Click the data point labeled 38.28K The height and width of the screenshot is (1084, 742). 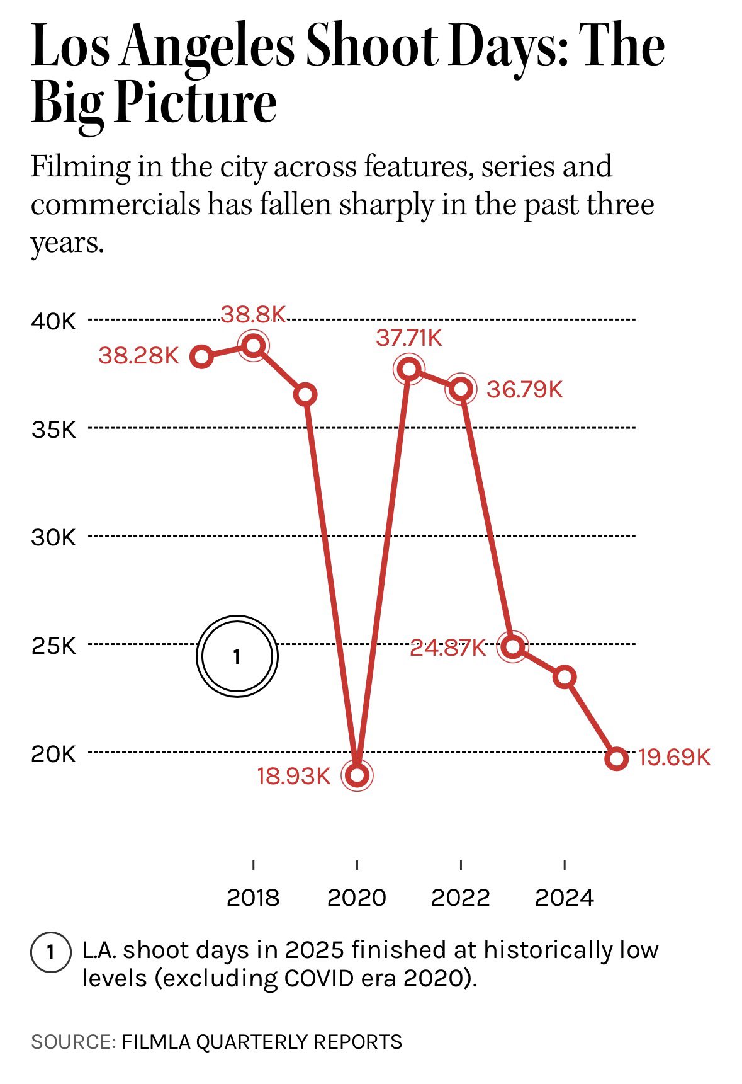pyautogui.click(x=201, y=357)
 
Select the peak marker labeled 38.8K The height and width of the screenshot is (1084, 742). pyautogui.click(x=254, y=345)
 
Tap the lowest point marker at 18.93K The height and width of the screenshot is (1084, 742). pyautogui.click(x=357, y=775)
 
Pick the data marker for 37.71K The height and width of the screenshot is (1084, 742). pyautogui.click(x=409, y=368)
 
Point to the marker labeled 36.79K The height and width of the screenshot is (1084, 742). pyautogui.click(x=461, y=389)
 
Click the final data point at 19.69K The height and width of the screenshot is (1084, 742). pyautogui.click(x=617, y=758)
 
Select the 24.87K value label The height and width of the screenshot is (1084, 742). pyautogui.click(x=447, y=648)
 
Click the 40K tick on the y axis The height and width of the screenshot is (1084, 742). pyautogui.click(x=53, y=321)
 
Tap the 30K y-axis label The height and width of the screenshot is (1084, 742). pyautogui.click(x=53, y=537)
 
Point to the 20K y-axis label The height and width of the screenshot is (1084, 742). pyautogui.click(x=53, y=753)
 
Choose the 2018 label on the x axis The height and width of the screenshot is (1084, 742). pyautogui.click(x=253, y=897)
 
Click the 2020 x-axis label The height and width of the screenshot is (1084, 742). pyautogui.click(x=357, y=897)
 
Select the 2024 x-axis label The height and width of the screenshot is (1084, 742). pyautogui.click(x=565, y=897)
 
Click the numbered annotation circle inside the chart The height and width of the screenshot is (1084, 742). pyautogui.click(x=237, y=656)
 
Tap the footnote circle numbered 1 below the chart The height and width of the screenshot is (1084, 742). pyautogui.click(x=50, y=952)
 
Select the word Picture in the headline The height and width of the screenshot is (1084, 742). pyautogui.click(x=196, y=104)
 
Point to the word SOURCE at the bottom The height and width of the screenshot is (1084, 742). pyautogui.click(x=72, y=1042)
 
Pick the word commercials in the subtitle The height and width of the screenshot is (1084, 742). pyautogui.click(x=115, y=205)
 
